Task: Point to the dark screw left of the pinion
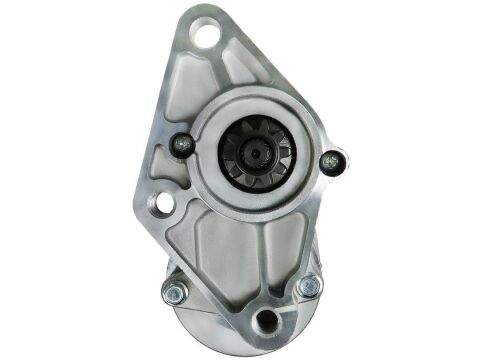coord(181,145)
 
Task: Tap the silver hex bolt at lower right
coord(306,287)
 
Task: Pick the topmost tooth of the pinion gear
coord(253,121)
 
